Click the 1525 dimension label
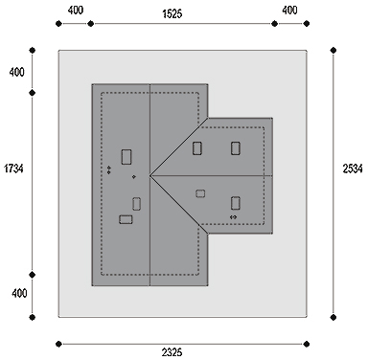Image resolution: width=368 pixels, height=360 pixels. point(172,13)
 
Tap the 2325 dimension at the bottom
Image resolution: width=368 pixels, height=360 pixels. point(172,352)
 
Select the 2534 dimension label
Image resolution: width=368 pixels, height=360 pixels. point(353,169)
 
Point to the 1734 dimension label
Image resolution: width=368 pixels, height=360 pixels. point(13,169)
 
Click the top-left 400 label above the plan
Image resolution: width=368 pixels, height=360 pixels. point(76,11)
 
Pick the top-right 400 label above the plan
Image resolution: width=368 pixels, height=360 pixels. point(289,11)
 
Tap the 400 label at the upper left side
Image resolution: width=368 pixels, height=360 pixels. point(16,72)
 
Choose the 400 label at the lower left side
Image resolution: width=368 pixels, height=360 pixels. point(19,293)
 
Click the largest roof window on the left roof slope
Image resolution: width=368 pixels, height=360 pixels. point(126,157)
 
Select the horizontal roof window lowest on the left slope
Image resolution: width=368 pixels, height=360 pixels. point(126,219)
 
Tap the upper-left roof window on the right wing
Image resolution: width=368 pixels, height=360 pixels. point(197,148)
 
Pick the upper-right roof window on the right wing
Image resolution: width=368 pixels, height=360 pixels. point(236,148)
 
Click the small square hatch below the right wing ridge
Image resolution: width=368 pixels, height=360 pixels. point(200,193)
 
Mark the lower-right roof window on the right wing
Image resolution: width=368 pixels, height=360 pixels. point(236,203)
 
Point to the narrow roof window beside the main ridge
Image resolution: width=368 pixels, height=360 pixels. point(137,204)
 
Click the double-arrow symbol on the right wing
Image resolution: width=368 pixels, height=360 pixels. point(234,217)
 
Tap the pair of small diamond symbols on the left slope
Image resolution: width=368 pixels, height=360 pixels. point(109,169)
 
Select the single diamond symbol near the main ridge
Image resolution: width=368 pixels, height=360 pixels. point(134,176)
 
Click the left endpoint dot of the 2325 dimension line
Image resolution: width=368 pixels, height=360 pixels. point(58,344)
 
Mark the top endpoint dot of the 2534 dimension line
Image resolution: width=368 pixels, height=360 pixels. point(333,50)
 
